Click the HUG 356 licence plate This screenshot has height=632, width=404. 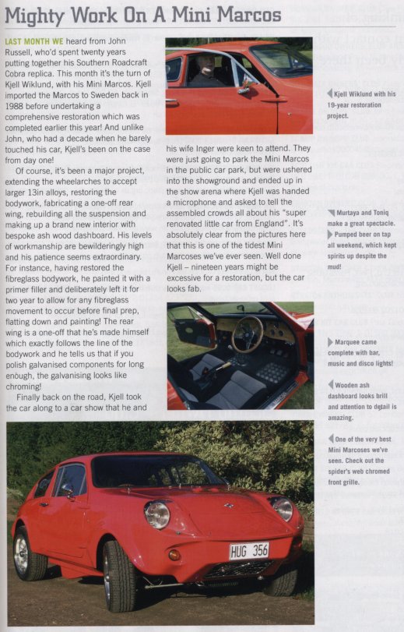[248, 551]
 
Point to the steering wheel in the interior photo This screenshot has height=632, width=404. [247, 334]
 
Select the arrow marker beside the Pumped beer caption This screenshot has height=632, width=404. [330, 235]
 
